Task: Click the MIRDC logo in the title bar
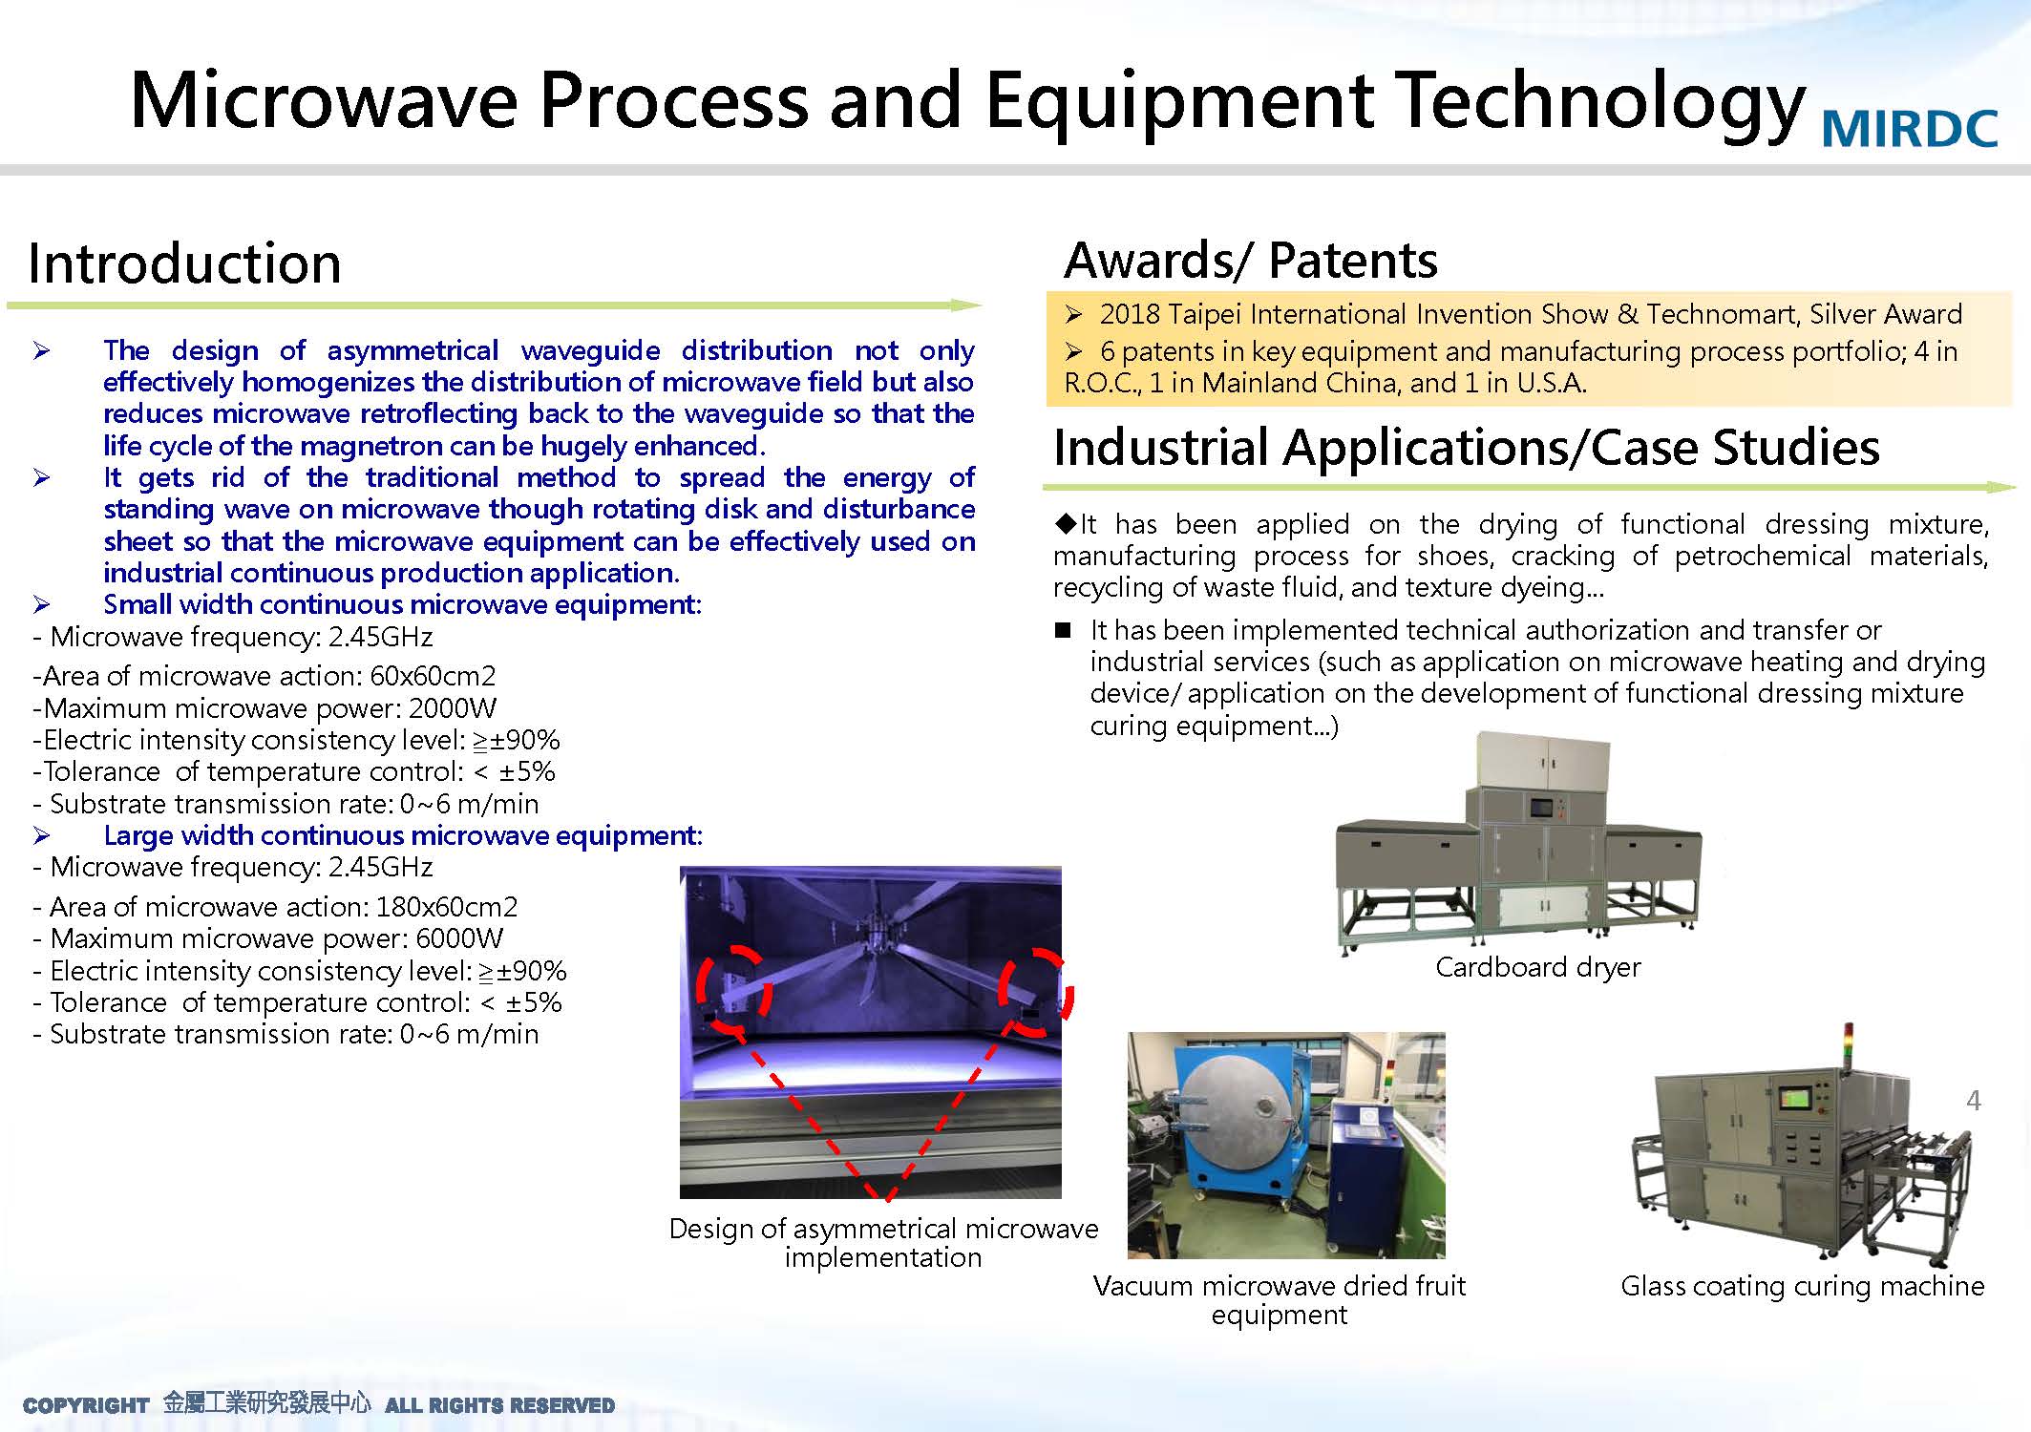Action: click(x=1910, y=129)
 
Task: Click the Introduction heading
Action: click(x=184, y=263)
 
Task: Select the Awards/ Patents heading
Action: click(x=1251, y=260)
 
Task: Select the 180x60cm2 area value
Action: click(x=447, y=907)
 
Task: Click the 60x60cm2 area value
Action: click(x=433, y=676)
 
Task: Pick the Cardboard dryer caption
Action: click(x=1538, y=967)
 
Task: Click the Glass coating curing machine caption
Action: click(x=1803, y=1286)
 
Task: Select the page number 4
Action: click(x=1974, y=1101)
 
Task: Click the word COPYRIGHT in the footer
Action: click(x=86, y=1405)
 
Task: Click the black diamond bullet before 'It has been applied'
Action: click(x=1066, y=523)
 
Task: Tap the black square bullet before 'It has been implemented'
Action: click(x=1063, y=630)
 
